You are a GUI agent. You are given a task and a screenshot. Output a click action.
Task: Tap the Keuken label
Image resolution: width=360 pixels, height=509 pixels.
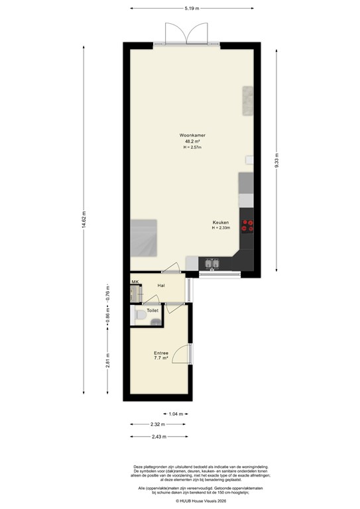(221, 222)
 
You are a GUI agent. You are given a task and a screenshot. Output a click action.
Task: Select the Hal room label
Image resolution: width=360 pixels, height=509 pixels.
(161, 285)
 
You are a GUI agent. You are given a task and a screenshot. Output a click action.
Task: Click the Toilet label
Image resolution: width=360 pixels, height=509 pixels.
(152, 310)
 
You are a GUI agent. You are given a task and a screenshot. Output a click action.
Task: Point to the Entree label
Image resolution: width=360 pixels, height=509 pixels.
(161, 353)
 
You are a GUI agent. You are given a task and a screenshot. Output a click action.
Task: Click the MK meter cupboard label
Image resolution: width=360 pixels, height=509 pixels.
(135, 283)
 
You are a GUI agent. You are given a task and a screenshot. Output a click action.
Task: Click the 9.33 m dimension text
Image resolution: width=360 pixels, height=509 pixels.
(277, 161)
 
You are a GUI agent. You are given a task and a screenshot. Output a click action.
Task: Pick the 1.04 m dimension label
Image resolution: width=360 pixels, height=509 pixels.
(176, 414)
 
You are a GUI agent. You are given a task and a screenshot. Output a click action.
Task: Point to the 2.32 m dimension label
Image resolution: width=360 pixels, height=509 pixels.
(157, 425)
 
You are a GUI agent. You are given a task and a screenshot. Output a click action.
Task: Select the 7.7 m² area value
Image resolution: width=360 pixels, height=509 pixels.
(161, 358)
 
